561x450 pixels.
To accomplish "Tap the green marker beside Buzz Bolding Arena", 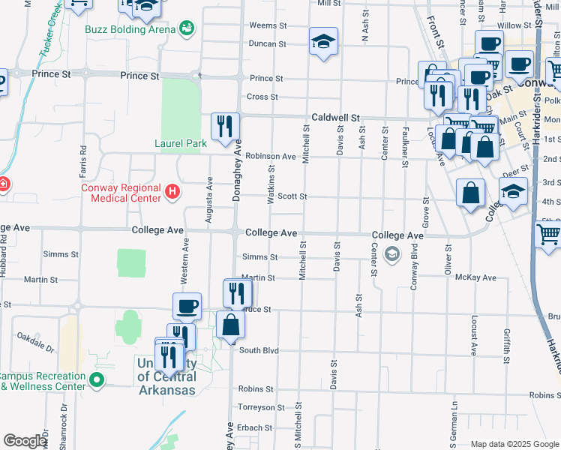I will point(187,29).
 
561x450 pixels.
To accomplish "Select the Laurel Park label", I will point(180,142).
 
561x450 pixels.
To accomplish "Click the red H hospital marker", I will point(172,193).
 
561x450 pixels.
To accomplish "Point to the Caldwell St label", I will point(336,118).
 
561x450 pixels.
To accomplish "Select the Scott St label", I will point(292,196).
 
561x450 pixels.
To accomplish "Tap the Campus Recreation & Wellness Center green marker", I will point(96,380).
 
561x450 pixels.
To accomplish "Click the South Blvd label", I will point(259,350).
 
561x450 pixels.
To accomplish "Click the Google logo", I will point(25,441).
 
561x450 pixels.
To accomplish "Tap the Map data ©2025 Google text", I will point(514,444).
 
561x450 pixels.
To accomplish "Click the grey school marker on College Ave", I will point(391,255).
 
